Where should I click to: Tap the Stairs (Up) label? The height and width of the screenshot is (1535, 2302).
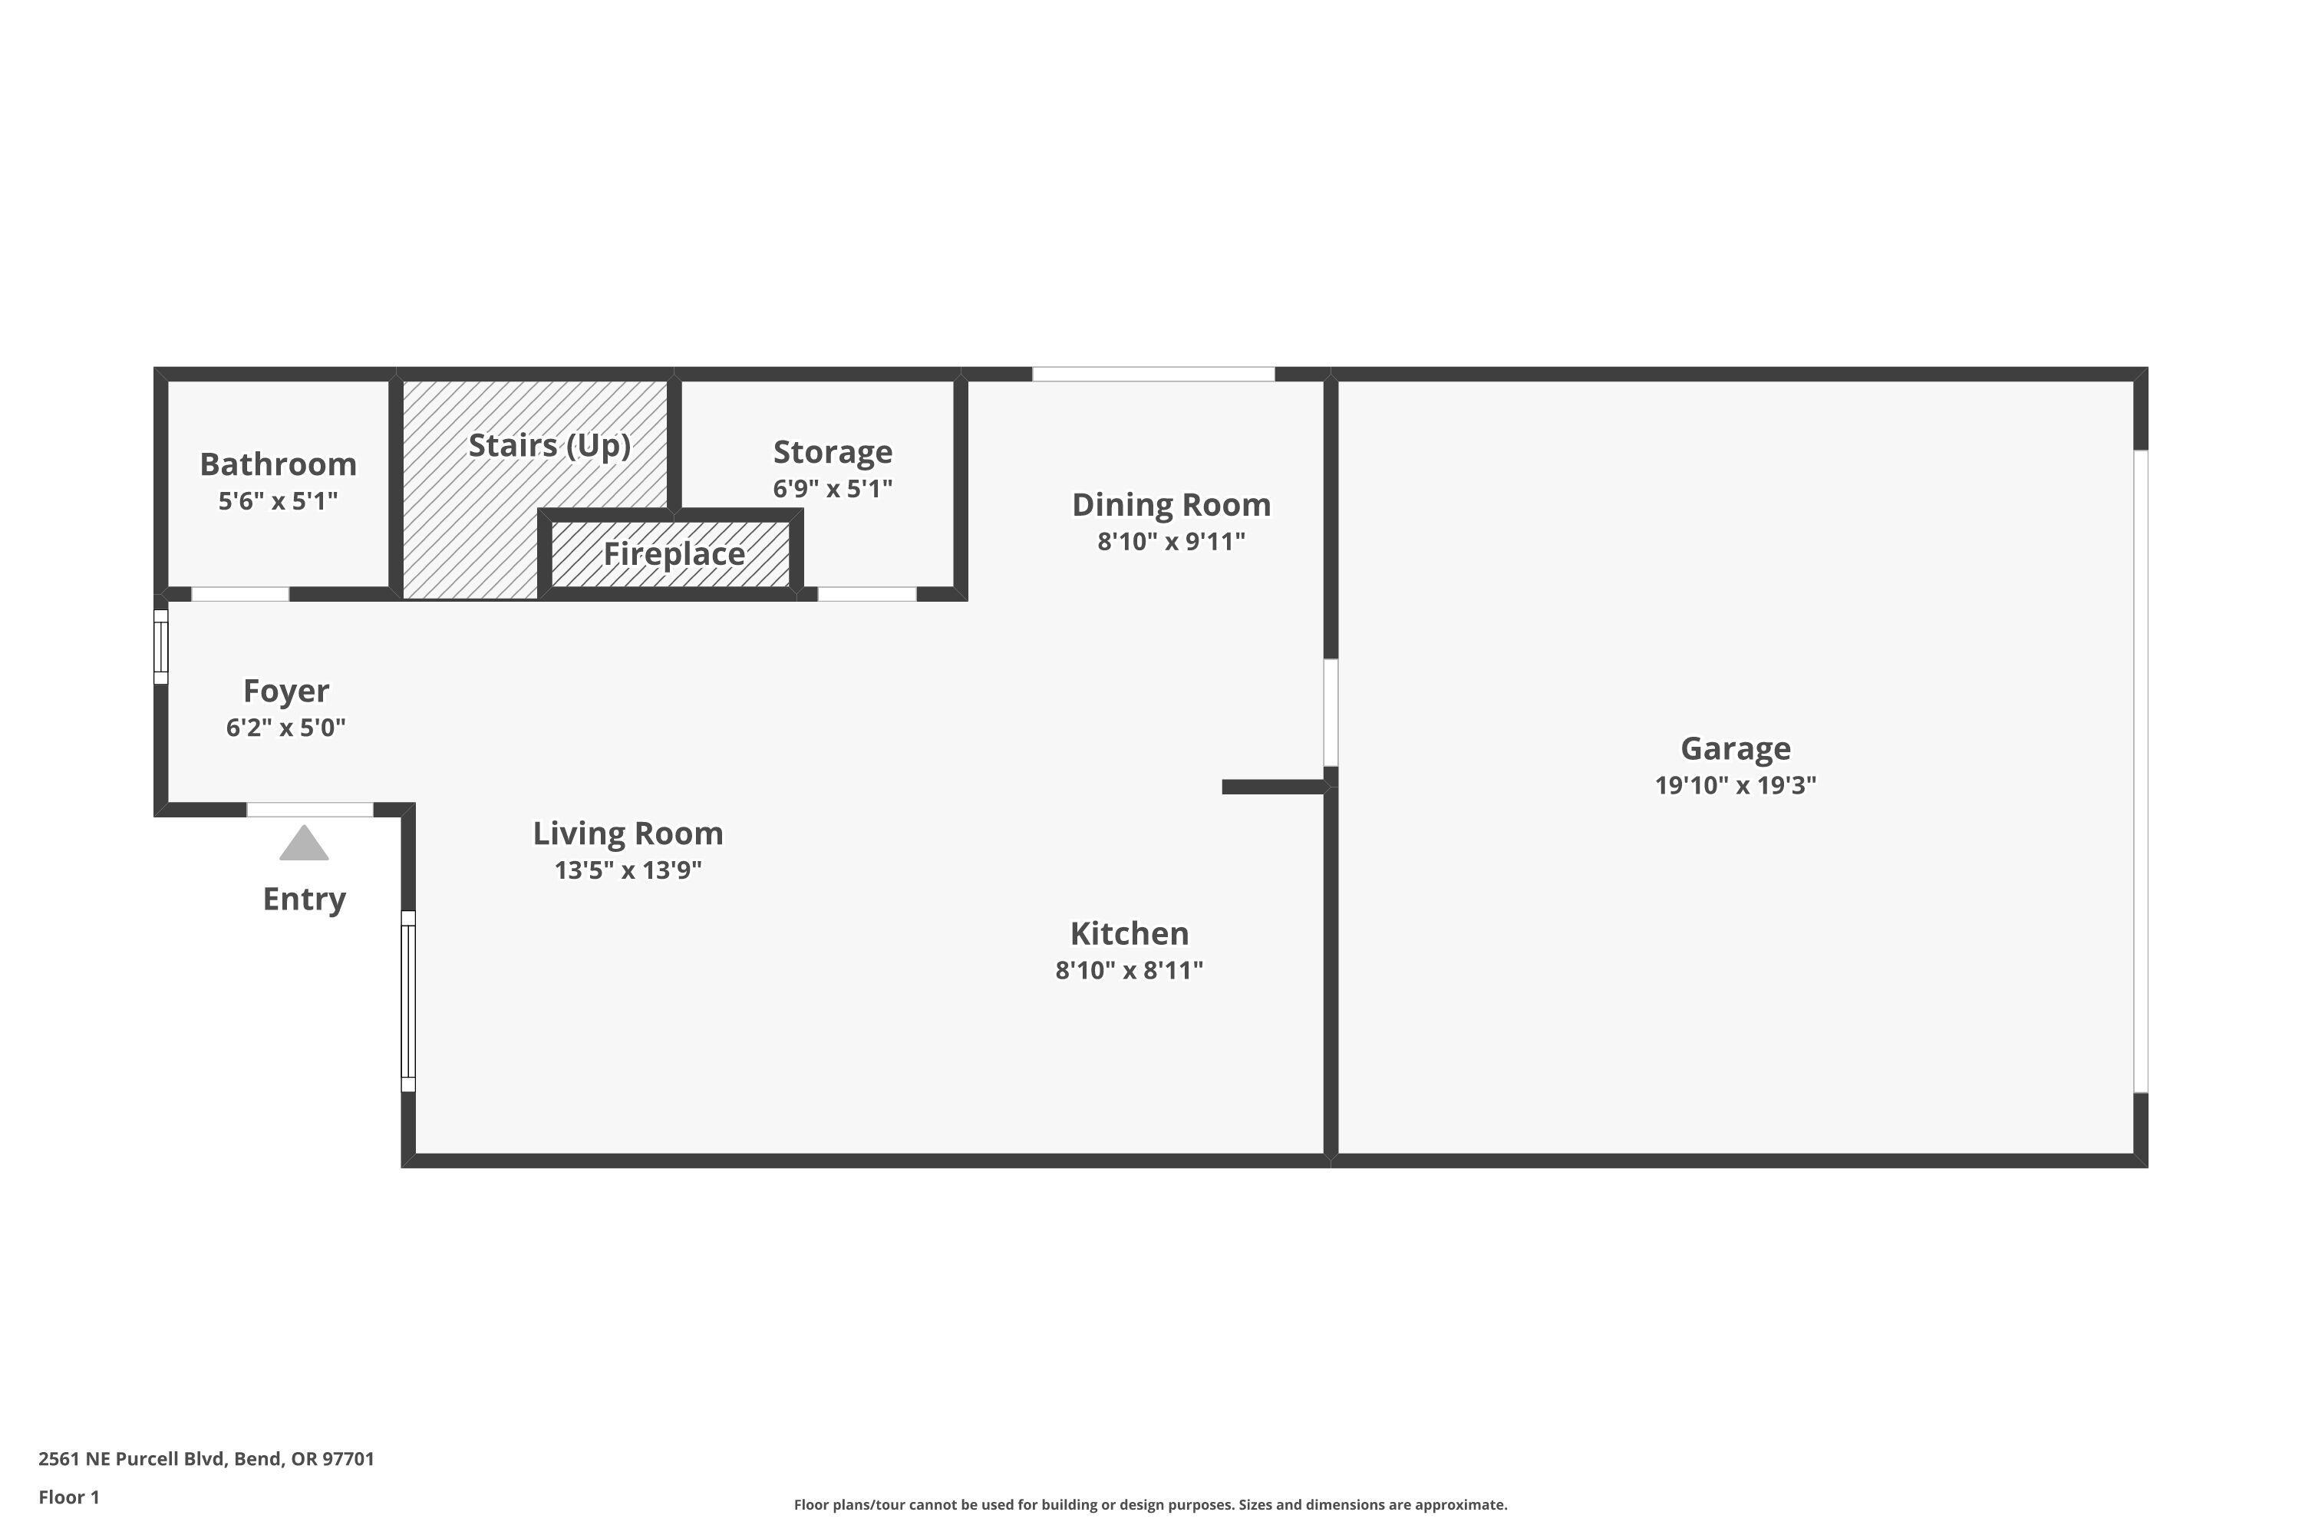[549, 445]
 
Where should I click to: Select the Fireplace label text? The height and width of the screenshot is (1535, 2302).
[674, 554]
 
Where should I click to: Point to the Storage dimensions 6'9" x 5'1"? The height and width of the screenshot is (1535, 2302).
[832, 488]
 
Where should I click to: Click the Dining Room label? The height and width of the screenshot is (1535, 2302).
[1171, 505]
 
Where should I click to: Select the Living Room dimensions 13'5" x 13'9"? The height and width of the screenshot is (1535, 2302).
[628, 870]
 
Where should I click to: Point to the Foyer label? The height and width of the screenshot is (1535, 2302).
[285, 692]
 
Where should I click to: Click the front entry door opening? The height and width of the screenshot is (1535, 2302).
[309, 810]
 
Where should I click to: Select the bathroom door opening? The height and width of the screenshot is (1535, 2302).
[239, 594]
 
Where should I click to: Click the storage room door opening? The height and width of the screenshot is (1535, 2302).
[866, 594]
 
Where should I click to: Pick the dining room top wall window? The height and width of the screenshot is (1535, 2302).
[1153, 374]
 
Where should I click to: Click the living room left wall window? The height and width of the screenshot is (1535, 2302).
[408, 1002]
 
